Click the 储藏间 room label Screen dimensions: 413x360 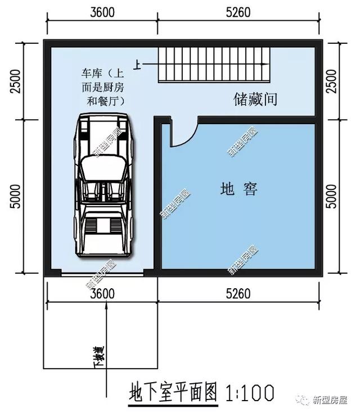256,100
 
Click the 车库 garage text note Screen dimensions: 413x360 102,87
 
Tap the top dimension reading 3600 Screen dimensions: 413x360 101,12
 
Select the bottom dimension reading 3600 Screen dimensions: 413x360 101,294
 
